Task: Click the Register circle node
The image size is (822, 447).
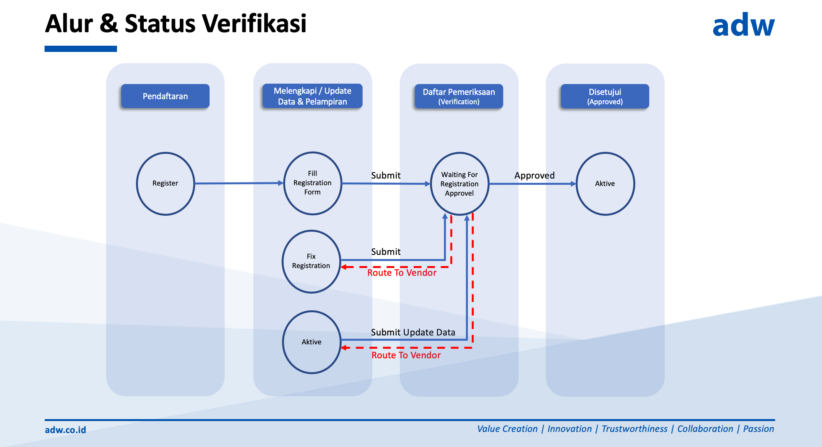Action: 165,183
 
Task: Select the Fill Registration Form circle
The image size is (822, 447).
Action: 312,183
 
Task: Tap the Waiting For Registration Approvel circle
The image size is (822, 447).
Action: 459,184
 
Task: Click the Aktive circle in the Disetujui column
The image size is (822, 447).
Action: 605,184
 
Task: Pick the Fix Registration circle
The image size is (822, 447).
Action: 311,261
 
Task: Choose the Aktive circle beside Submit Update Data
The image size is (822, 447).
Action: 311,342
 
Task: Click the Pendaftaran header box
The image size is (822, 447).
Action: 165,96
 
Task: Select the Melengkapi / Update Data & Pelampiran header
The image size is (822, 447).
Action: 312,96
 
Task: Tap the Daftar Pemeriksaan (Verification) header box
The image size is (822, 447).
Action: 459,96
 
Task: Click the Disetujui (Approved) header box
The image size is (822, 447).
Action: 605,96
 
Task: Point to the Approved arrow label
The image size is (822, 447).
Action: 534,175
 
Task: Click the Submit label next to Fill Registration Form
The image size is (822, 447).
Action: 385,175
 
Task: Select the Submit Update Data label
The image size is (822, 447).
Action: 413,332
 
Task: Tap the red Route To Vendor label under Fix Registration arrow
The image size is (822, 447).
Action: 402,273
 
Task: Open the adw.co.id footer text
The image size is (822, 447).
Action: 65,430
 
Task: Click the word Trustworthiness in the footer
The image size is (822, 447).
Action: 634,429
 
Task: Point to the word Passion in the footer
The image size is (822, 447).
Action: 758,429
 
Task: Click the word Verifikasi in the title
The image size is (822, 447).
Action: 254,24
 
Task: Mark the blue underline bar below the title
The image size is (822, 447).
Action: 81,49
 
